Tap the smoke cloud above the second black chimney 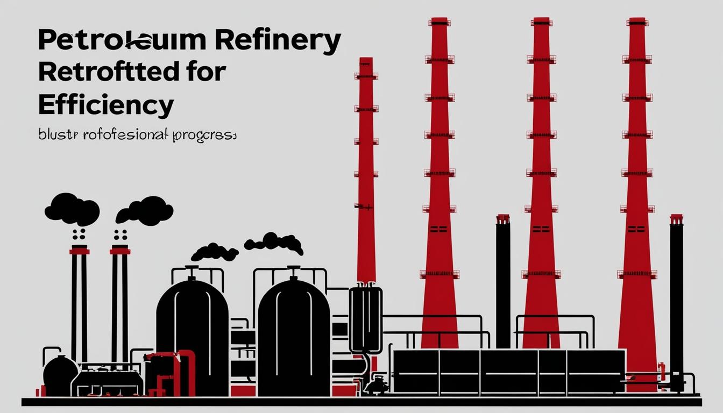(144, 210)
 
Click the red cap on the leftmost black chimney (79, 251)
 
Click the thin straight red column (366, 172)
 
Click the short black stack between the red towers (503, 280)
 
